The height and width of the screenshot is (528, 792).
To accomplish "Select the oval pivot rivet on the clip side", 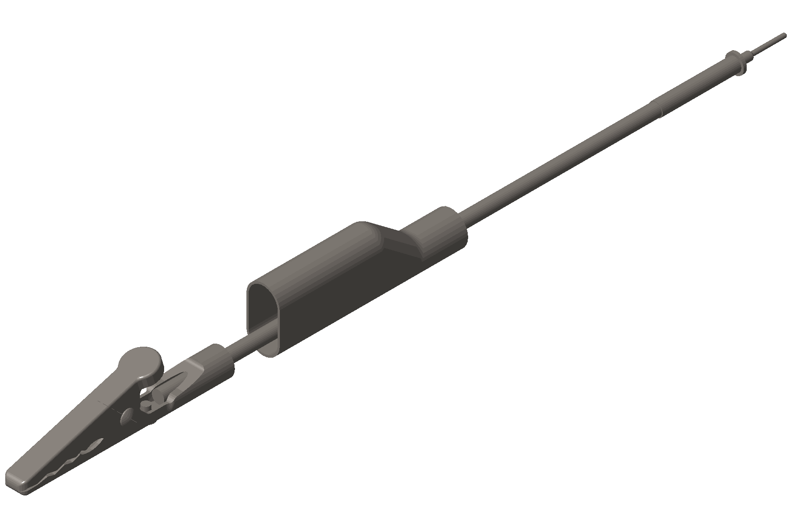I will (127, 415).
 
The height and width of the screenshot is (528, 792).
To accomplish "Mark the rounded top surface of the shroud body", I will (317, 260).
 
